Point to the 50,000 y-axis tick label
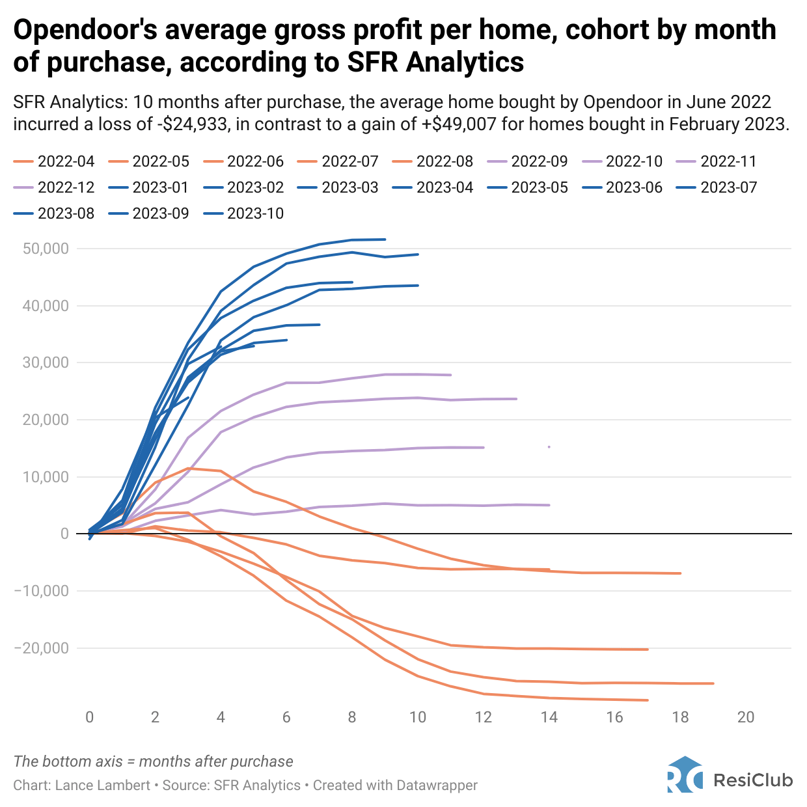tap(46, 249)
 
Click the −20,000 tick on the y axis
tap(41, 648)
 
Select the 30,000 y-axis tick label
tap(46, 363)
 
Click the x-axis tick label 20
tap(746, 717)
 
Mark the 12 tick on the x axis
tap(484, 717)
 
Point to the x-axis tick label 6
tap(286, 717)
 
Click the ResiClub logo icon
tap(685, 774)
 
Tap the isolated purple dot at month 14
tap(549, 447)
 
